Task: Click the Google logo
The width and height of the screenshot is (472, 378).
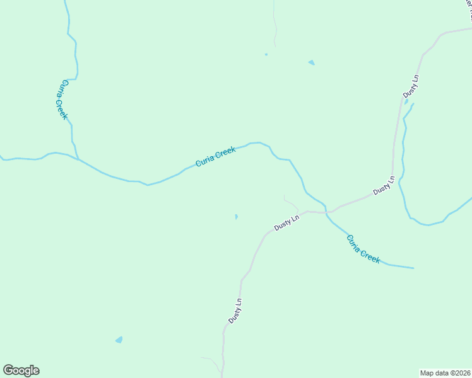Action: [x=21, y=370]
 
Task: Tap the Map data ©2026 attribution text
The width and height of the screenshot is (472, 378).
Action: [x=445, y=372]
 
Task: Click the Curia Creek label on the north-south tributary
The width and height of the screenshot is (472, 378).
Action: [x=61, y=100]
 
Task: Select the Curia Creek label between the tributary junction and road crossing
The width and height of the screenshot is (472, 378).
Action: [x=216, y=157]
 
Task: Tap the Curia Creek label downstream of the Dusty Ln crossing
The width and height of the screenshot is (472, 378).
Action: [x=363, y=249]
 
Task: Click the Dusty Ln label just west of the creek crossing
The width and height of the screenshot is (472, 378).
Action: [x=286, y=222]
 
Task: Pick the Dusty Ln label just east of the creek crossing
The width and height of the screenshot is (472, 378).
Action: [x=383, y=185]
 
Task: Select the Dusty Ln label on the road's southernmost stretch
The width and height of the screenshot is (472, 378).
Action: [x=235, y=311]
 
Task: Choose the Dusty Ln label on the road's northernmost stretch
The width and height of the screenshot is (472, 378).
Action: [x=411, y=86]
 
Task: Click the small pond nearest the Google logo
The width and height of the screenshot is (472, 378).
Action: [x=119, y=340]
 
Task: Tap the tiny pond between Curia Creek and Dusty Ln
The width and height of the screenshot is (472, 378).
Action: [x=237, y=217]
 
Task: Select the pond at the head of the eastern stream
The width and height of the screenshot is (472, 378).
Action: [x=406, y=101]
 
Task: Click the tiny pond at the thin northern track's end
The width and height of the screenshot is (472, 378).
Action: [x=266, y=55]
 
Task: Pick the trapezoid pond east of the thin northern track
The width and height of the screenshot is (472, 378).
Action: [x=311, y=62]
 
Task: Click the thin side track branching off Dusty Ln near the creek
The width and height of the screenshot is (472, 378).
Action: [x=291, y=203]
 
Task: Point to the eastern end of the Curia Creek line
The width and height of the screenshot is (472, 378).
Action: [x=413, y=268]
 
